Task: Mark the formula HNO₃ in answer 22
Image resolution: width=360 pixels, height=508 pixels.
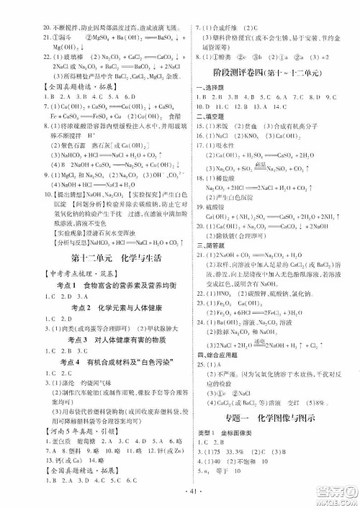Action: pyautogui.click(x=228, y=296)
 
